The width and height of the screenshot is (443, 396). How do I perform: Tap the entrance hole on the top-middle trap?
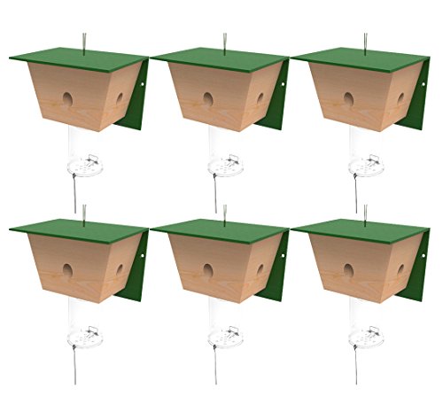click(x=208, y=98)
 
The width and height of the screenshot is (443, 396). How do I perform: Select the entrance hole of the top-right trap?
click(x=348, y=98)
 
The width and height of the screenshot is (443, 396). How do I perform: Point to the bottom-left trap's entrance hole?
click(x=67, y=268)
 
